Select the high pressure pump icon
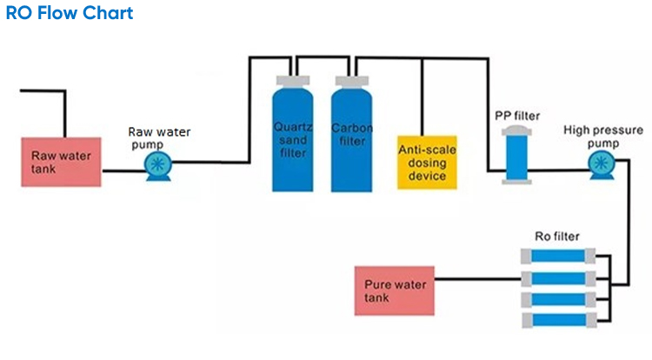point(599,164)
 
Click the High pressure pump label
point(595,137)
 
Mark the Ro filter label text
point(556,236)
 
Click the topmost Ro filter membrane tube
point(557,257)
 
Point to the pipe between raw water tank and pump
point(123,170)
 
